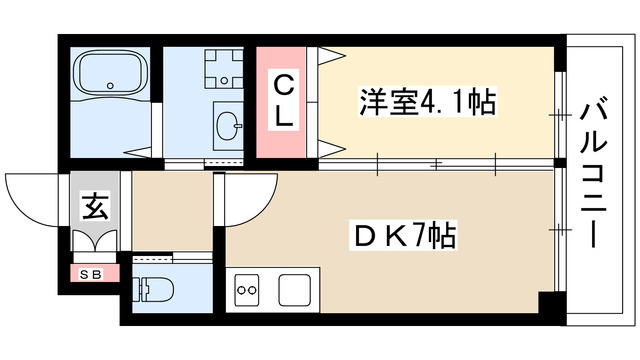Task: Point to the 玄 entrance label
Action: [x=96, y=208]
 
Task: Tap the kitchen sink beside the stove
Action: [x=296, y=291]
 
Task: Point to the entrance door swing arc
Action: [x=30, y=196]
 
